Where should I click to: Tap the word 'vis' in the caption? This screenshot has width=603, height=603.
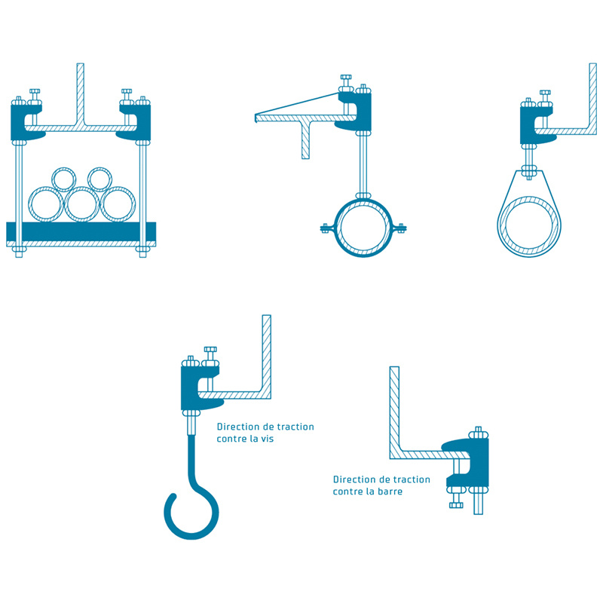[266, 439]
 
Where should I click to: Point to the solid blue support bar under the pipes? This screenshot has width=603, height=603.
[81, 231]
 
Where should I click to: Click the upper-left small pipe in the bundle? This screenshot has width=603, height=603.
[53, 179]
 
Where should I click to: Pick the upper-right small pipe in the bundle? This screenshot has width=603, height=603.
[89, 179]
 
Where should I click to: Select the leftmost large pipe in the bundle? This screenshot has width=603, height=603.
[29, 204]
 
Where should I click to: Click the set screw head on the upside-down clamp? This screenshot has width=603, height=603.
[456, 504]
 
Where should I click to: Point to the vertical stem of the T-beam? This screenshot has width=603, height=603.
[305, 140]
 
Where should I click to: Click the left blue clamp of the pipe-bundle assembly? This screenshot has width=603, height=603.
[17, 122]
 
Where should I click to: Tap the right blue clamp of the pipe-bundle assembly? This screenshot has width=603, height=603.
[144, 122]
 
